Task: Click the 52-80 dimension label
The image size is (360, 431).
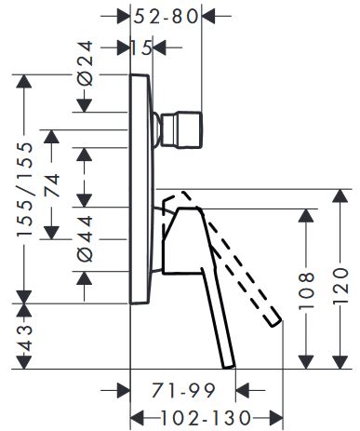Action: tap(166, 17)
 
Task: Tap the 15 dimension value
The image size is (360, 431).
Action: tap(141, 48)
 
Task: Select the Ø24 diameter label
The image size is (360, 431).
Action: tap(85, 63)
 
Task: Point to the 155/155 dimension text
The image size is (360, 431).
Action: tap(25, 189)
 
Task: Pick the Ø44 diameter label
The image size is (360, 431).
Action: tap(85, 239)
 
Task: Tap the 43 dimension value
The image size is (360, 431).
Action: tap(25, 337)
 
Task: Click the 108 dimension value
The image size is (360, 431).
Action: tap(306, 291)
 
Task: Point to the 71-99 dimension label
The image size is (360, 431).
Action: tap(183, 390)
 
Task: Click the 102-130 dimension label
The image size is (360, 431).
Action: tap(207, 418)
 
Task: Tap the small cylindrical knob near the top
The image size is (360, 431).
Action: tap(180, 129)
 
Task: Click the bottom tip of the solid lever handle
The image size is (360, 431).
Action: tap(230, 367)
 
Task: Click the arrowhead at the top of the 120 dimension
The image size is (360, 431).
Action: tap(340, 195)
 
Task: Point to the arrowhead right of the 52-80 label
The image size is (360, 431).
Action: tap(208, 16)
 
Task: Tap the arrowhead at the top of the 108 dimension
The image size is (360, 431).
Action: tap(306, 215)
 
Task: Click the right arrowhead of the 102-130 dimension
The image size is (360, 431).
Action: tap(276, 418)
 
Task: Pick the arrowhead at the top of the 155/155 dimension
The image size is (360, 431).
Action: tap(24, 81)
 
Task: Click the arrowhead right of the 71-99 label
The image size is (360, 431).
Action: tap(243, 390)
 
